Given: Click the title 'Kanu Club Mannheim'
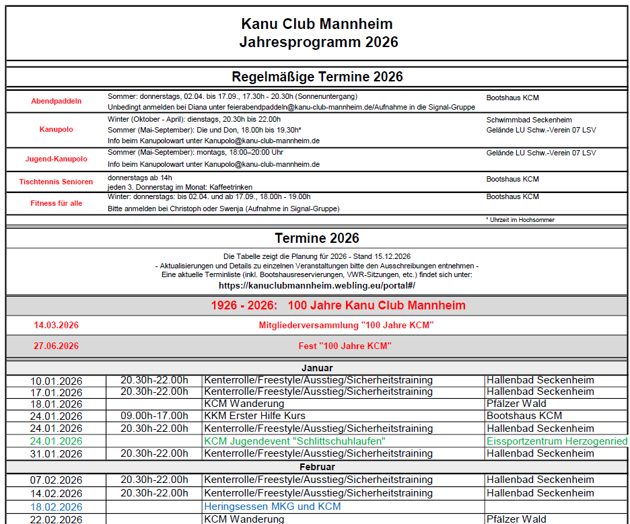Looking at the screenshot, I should point(317,24).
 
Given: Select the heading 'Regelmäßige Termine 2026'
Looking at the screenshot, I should point(317,77).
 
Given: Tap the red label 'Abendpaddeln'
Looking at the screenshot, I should point(57,101).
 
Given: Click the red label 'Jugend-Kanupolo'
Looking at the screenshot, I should point(57,159).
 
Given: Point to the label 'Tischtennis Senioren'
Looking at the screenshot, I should point(57,182).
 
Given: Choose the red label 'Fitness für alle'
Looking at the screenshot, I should point(57,203).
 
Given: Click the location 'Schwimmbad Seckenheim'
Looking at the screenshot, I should point(528,119).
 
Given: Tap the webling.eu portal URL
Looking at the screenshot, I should point(317,285).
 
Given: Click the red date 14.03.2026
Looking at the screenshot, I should point(57,326).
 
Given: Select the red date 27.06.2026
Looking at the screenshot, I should point(57,346).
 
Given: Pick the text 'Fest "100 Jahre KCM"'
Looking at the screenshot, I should point(345,346).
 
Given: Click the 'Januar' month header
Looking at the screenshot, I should point(317,368).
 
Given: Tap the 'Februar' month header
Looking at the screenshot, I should point(317,466).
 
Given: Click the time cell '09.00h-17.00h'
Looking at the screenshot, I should point(154,416).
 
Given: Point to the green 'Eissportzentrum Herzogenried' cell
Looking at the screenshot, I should point(557,441).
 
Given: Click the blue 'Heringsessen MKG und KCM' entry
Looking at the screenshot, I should point(273,507).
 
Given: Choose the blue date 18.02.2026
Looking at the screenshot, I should point(57,507).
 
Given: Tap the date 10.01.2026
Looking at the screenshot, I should point(57,381).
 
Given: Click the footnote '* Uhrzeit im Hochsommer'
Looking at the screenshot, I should point(520,220).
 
